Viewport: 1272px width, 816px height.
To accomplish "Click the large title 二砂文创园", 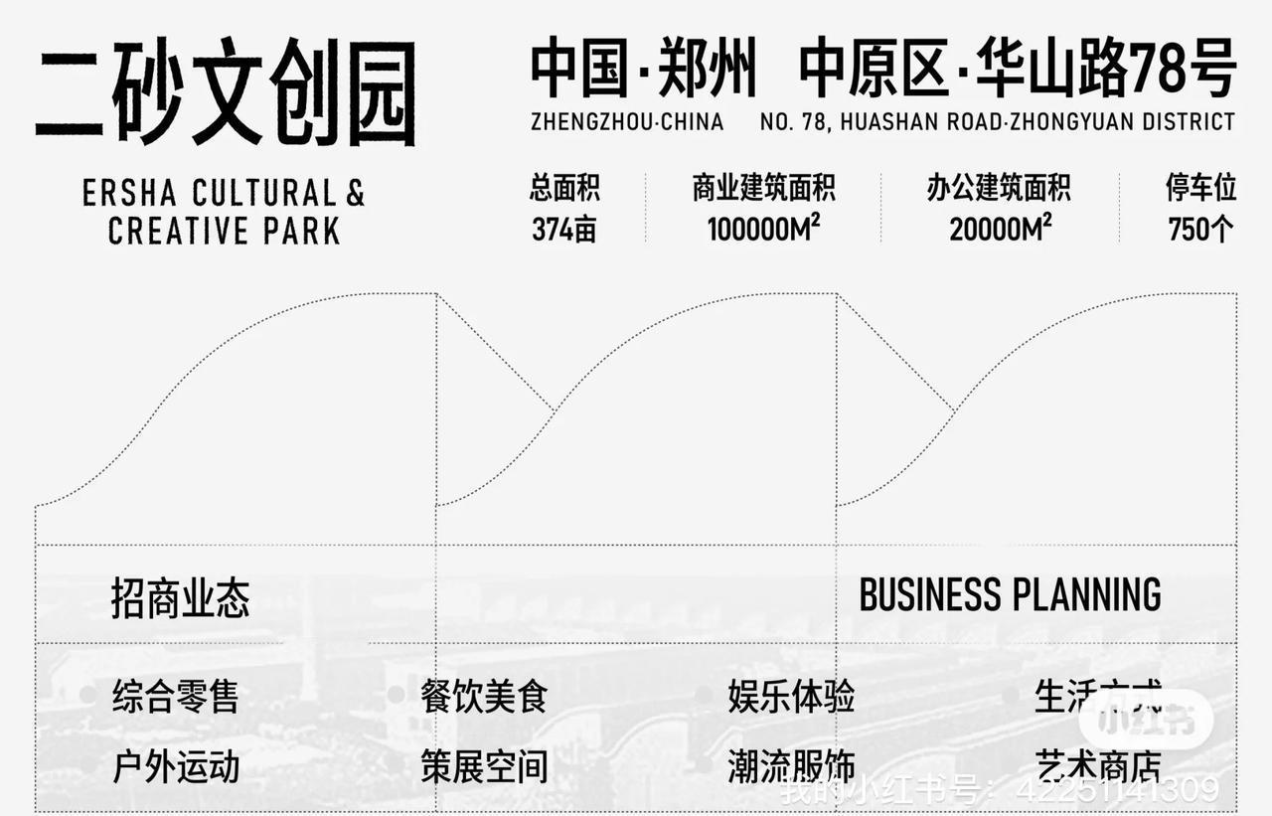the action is click(x=226, y=94).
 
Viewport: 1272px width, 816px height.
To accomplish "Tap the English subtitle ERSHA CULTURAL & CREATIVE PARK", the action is click(x=224, y=211).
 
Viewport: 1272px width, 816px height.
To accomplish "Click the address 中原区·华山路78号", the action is click(x=1017, y=71).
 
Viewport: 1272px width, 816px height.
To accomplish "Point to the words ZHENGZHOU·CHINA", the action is click(x=627, y=122).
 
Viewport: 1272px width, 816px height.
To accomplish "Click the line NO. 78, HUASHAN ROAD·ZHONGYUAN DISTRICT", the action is click(x=997, y=122).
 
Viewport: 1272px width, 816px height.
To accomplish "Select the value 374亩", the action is click(x=564, y=230).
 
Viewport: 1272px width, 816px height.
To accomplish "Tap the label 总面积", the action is click(x=564, y=188).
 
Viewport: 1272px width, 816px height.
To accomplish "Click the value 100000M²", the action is click(x=763, y=230).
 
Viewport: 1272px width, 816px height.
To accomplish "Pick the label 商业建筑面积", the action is click(x=763, y=188).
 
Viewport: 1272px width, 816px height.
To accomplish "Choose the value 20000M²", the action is click(x=1000, y=230).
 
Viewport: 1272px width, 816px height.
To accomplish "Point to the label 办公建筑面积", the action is click(x=999, y=188).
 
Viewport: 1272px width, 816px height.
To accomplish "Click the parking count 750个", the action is click(x=1200, y=230).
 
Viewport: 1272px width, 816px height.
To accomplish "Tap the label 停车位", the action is click(x=1200, y=188).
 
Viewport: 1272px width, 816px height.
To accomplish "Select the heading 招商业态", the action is click(x=180, y=598).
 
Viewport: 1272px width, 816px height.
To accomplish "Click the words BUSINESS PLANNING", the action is click(x=1010, y=595).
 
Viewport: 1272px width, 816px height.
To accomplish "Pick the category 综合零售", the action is click(x=176, y=696).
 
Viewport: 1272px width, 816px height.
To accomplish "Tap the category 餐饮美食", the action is click(x=484, y=696).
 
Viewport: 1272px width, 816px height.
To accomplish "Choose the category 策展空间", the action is click(x=484, y=766).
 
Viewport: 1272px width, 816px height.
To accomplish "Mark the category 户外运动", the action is click(x=176, y=766).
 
